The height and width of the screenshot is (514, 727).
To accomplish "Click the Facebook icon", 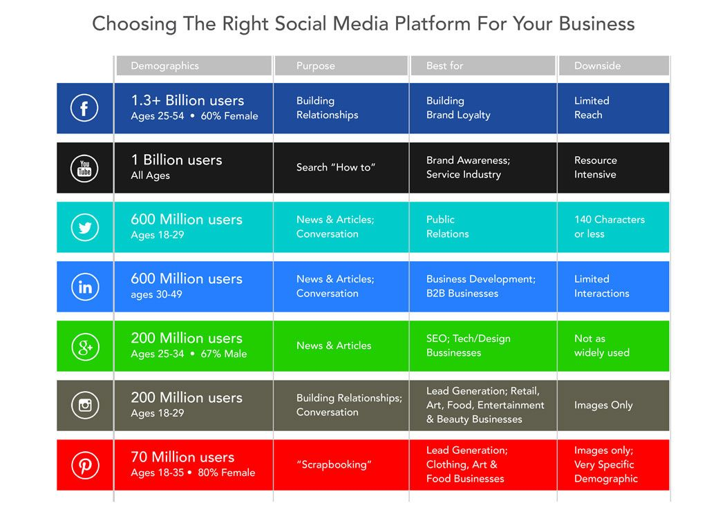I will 84,108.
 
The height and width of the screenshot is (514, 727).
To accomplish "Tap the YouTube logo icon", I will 84,168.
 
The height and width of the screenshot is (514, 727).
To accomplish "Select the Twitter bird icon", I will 84,227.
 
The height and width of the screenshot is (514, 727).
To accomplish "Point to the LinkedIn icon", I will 84,287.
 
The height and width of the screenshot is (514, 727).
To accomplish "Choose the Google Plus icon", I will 84,346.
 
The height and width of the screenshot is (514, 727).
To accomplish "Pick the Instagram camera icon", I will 84,406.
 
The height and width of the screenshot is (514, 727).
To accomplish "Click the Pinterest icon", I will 84,465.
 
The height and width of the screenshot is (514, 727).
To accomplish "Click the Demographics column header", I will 164,66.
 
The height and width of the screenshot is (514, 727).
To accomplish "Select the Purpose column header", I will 315,66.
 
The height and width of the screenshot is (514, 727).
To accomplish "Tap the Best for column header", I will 444,66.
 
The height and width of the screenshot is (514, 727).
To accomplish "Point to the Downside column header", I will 597,66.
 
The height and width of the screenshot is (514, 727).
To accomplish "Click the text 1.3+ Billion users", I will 187,101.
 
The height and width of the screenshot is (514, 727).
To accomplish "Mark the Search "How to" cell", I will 336,167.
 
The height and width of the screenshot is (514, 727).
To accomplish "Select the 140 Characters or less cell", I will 609,227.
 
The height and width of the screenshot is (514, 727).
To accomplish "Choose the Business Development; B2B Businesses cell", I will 480,286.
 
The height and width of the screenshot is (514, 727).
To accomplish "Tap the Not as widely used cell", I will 601,345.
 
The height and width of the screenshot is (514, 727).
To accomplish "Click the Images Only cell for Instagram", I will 603,406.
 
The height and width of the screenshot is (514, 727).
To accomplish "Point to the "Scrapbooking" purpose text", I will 334,464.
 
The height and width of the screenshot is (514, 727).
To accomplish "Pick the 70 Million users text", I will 182,457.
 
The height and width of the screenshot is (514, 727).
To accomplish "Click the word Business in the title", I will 596,24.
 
